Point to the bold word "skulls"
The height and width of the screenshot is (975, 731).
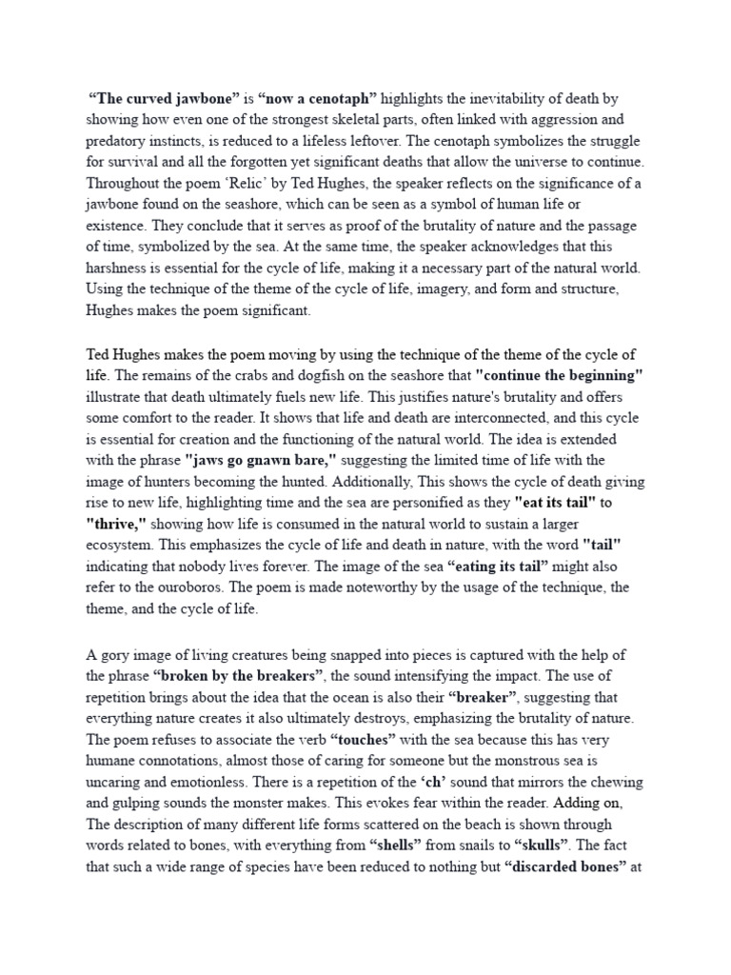pos(554,844)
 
